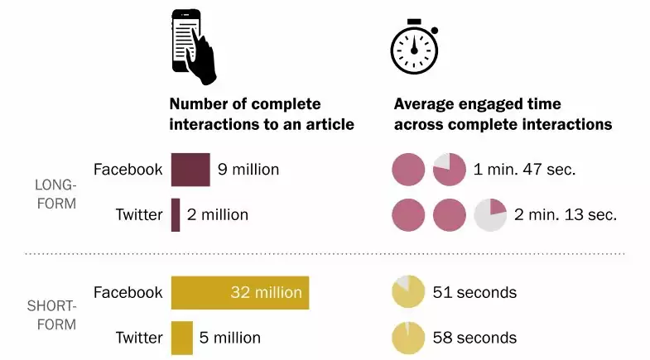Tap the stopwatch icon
[414, 47]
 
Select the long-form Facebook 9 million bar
[190, 170]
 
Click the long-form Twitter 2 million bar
[176, 214]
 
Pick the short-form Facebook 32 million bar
[240, 292]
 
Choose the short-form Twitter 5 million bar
[182, 338]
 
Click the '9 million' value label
[248, 170]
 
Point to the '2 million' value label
[218, 214]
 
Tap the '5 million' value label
[230, 338]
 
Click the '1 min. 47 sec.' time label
[524, 170]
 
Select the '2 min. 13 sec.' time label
[566, 214]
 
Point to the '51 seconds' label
[474, 292]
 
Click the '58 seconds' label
[474, 338]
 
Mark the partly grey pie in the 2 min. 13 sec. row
[490, 214]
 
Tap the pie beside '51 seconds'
[408, 291]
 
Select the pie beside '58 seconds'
[408, 338]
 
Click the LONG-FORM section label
[56, 194]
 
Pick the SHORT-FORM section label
[52, 315]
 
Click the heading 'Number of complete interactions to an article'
[262, 114]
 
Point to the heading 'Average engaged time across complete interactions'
[503, 114]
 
